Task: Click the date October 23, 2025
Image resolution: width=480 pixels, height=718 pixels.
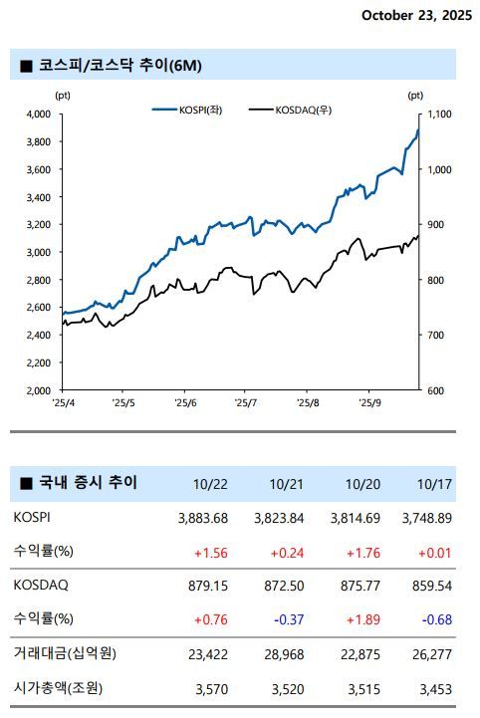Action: [417, 15]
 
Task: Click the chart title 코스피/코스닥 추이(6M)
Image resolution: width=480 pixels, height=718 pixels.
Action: [120, 66]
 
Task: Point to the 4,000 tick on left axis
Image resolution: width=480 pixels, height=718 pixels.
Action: [37, 115]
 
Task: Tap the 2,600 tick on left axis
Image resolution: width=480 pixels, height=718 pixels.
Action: [37, 308]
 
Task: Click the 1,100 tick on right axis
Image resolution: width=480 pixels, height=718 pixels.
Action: [439, 115]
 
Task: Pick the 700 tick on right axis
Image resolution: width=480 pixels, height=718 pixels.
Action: [435, 336]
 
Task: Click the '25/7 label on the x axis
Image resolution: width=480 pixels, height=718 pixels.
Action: [245, 403]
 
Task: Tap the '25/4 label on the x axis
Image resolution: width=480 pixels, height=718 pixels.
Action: [63, 403]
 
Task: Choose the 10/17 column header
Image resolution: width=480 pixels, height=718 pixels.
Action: [434, 485]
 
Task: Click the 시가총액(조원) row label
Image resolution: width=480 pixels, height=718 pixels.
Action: [59, 687]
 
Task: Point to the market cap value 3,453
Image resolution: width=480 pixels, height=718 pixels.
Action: [433, 687]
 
